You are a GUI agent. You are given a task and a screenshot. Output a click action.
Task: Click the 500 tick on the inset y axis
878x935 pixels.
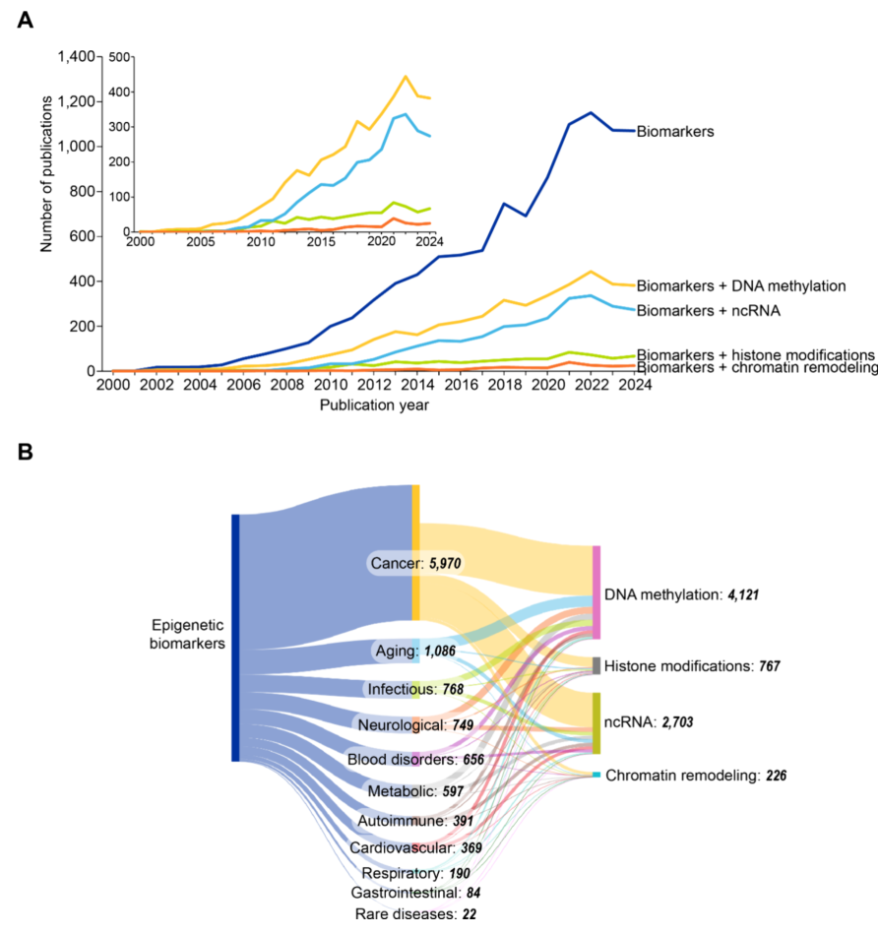pyautogui.click(x=121, y=57)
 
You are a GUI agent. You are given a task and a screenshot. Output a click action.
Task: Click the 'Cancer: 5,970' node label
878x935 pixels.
pyautogui.click(x=415, y=564)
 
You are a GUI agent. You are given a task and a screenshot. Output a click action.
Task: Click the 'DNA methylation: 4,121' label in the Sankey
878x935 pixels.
pyautogui.click(x=678, y=594)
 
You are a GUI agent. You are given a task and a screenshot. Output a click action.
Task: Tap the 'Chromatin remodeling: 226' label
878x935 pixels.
pyautogui.click(x=695, y=777)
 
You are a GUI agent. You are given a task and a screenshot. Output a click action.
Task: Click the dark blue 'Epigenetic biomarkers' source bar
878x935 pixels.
pyautogui.click(x=235, y=637)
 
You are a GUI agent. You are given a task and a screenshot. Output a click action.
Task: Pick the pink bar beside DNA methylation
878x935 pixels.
pyautogui.click(x=596, y=592)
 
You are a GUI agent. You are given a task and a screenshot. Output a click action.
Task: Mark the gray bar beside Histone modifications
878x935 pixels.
pyautogui.click(x=596, y=665)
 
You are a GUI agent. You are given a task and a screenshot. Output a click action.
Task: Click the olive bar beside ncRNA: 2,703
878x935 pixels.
pyautogui.click(x=596, y=722)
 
